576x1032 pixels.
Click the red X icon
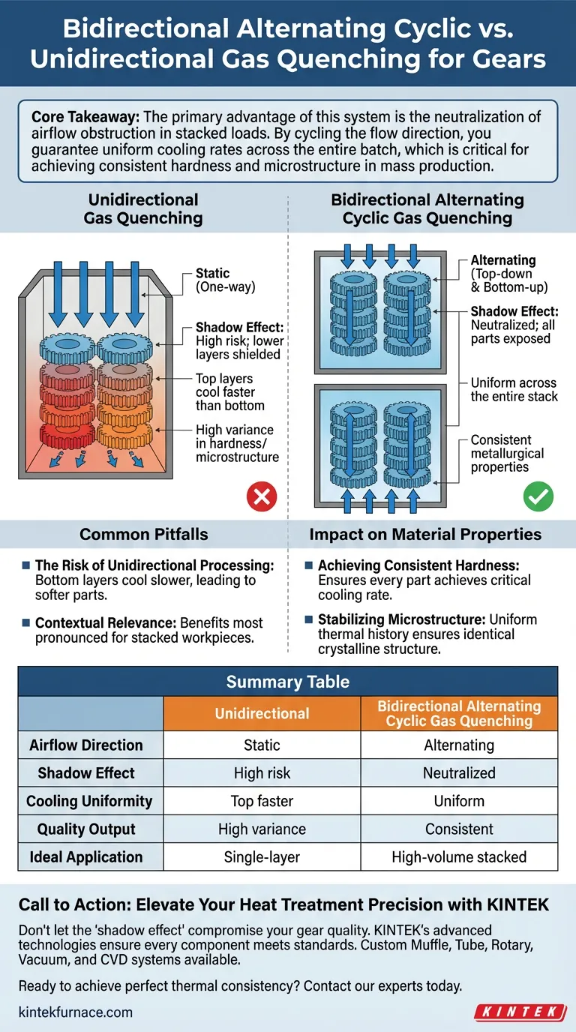point(262,496)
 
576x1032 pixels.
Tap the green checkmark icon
point(538,496)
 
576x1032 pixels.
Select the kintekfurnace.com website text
point(76,1012)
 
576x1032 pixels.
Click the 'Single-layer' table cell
point(262,856)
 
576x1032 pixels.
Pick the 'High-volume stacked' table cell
point(459,856)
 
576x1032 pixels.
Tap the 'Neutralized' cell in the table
point(459,772)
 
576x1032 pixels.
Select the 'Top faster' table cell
point(262,801)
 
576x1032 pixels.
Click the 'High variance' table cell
point(262,829)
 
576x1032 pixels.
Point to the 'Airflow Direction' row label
point(86,745)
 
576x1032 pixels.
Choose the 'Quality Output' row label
point(86,829)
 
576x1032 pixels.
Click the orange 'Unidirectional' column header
point(262,713)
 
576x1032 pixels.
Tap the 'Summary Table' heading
point(288,681)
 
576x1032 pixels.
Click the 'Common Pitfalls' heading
point(144,535)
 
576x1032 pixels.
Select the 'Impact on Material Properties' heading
point(426,535)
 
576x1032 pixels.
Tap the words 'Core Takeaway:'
point(79,118)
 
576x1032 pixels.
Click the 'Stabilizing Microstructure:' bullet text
point(403,620)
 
